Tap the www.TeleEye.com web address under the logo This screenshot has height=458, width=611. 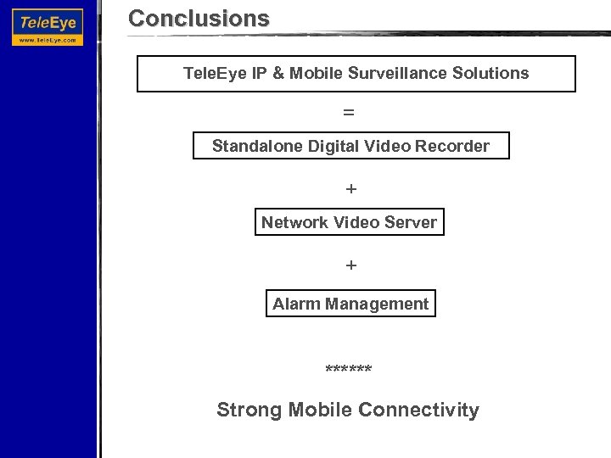coord(48,39)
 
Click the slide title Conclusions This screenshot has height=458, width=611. coord(199,18)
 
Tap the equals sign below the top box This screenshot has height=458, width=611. coord(350,112)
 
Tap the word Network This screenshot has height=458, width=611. coord(295,223)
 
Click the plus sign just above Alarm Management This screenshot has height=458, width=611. coord(351,265)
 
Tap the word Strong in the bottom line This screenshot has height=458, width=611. coord(250,411)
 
